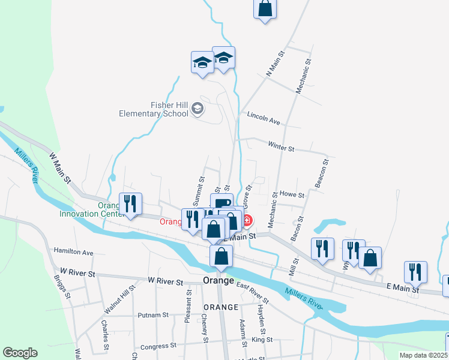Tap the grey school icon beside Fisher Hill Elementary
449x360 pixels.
point(198,109)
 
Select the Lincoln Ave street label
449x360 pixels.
point(264,118)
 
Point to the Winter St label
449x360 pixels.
point(282,147)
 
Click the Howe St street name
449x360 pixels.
point(292,194)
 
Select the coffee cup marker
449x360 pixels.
point(221,203)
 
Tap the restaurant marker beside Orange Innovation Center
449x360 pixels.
point(130,204)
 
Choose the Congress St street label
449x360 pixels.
point(158,346)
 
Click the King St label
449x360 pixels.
point(262,340)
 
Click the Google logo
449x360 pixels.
point(20,353)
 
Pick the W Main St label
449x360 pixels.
point(60,167)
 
